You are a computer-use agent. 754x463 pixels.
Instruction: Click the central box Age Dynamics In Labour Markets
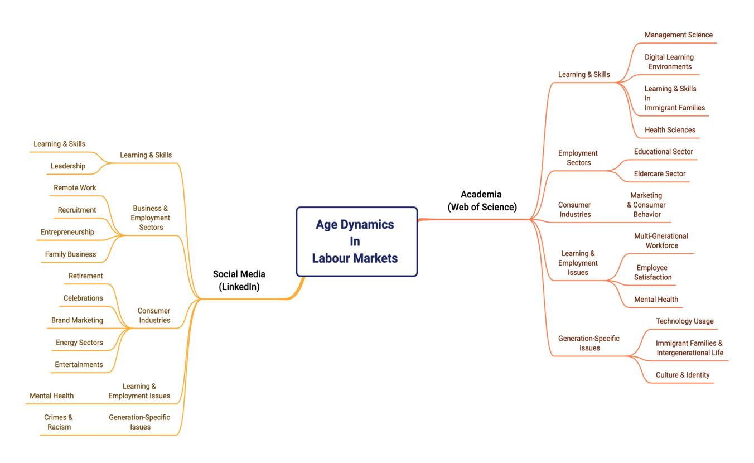point(356,242)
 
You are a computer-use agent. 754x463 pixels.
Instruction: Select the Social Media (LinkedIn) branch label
point(239,281)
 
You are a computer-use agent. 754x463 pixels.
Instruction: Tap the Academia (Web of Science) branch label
point(482,201)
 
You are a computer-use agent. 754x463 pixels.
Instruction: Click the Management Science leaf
point(678,35)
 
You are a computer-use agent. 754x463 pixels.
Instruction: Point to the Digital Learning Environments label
point(669,62)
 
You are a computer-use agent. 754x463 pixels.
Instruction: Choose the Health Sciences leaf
point(670,130)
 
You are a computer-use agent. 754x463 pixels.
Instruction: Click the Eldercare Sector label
point(659,174)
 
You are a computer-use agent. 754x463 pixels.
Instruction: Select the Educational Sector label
point(663,152)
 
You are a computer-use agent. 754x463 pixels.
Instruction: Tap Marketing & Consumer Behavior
point(646,205)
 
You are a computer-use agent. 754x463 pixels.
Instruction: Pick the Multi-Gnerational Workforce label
point(661,241)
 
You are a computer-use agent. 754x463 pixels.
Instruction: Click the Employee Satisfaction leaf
point(652,273)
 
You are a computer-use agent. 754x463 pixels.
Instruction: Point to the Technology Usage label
point(684,321)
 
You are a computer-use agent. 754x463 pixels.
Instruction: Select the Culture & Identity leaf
point(682,375)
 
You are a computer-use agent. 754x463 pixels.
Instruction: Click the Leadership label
point(68,166)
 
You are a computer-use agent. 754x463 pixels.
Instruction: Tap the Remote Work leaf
point(75,188)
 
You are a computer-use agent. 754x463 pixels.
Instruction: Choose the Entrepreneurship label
point(67,232)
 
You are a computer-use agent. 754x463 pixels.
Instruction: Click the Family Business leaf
point(70,254)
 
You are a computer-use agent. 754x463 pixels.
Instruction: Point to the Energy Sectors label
point(79,343)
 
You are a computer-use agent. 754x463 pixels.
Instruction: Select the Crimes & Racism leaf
point(59,422)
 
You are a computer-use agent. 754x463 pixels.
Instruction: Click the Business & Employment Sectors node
point(151,218)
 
